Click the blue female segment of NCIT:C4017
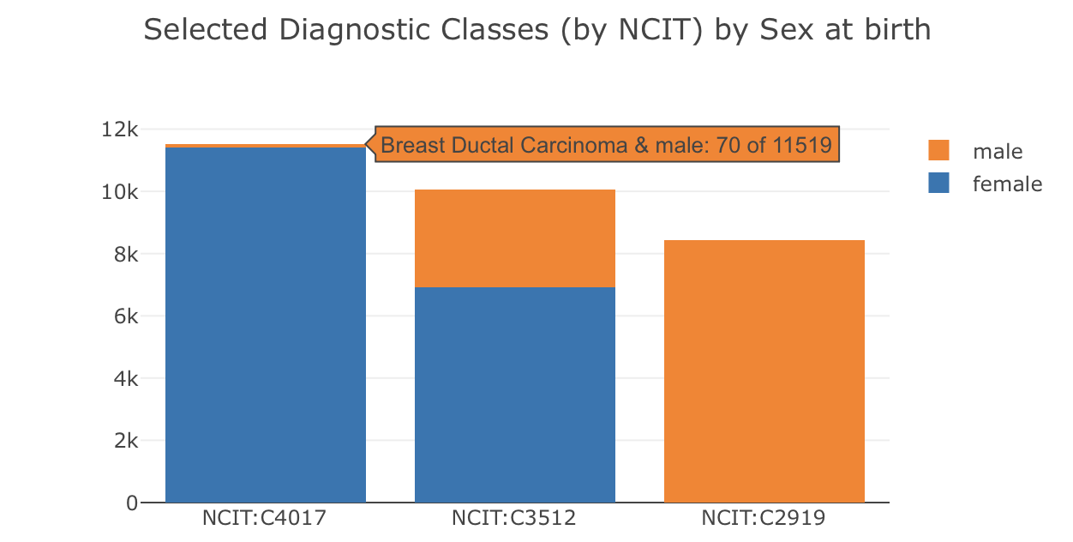click(x=265, y=326)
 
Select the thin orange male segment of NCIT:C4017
click(x=265, y=146)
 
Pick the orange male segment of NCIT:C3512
click(x=514, y=238)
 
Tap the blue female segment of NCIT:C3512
click(x=514, y=394)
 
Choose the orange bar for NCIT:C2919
click(x=764, y=370)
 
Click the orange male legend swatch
click(x=938, y=151)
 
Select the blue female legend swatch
click(x=938, y=183)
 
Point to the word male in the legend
click(x=998, y=152)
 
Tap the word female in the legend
click(x=1007, y=184)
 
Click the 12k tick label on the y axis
click(x=119, y=129)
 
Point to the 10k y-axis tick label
click(x=119, y=192)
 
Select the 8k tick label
click(x=124, y=254)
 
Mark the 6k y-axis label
click(x=124, y=316)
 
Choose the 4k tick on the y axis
click(x=124, y=378)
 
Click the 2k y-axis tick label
click(x=124, y=441)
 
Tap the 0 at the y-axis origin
click(x=131, y=503)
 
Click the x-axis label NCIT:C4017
click(x=265, y=518)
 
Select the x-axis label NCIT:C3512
click(x=514, y=518)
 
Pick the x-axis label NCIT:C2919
click(x=764, y=518)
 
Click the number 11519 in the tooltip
click(x=802, y=145)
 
